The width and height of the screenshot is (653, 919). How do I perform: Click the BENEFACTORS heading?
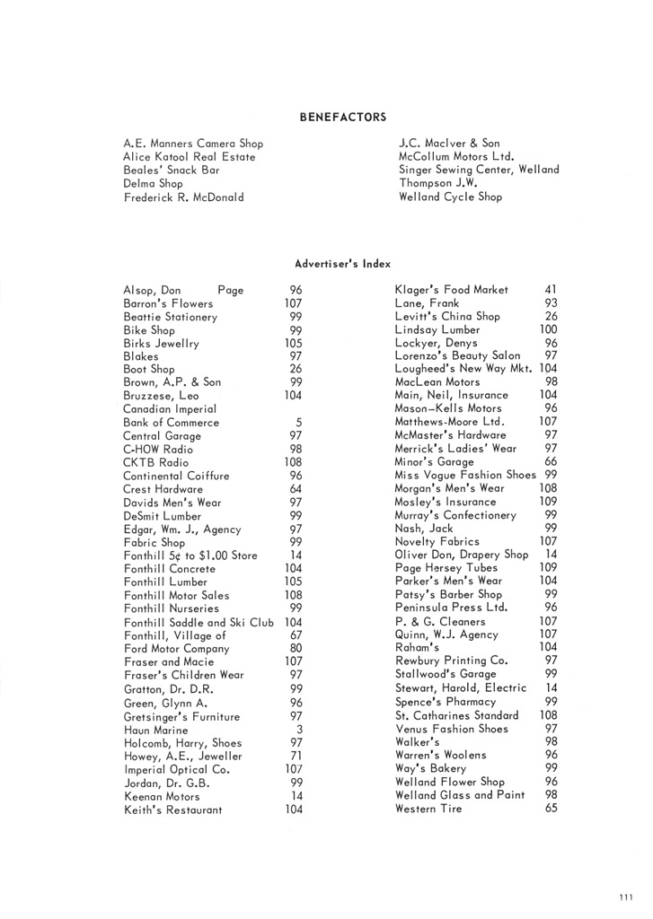[x=342, y=117]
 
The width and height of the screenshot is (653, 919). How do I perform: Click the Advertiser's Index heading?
[x=342, y=263]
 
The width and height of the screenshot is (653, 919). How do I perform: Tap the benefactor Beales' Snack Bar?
[x=172, y=170]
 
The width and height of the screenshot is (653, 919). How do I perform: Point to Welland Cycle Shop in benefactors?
[x=451, y=197]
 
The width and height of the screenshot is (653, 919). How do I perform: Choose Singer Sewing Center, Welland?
[x=479, y=170]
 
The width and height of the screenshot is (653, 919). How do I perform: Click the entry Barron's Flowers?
[x=168, y=303]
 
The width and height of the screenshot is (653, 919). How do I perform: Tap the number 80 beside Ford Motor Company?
[x=296, y=649]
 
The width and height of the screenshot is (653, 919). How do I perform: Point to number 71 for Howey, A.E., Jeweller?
[x=296, y=757]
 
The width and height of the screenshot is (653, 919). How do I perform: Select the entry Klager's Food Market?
[x=452, y=290]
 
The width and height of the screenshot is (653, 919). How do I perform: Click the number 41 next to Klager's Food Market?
[x=552, y=290]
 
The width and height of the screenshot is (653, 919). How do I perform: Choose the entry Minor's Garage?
[x=435, y=462]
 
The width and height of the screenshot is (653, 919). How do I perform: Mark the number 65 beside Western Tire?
[x=552, y=809]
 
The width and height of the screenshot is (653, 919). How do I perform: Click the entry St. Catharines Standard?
[x=457, y=715]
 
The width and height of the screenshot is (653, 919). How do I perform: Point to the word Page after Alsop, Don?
[x=231, y=291]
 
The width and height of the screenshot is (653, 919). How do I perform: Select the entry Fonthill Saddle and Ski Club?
[x=199, y=622]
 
